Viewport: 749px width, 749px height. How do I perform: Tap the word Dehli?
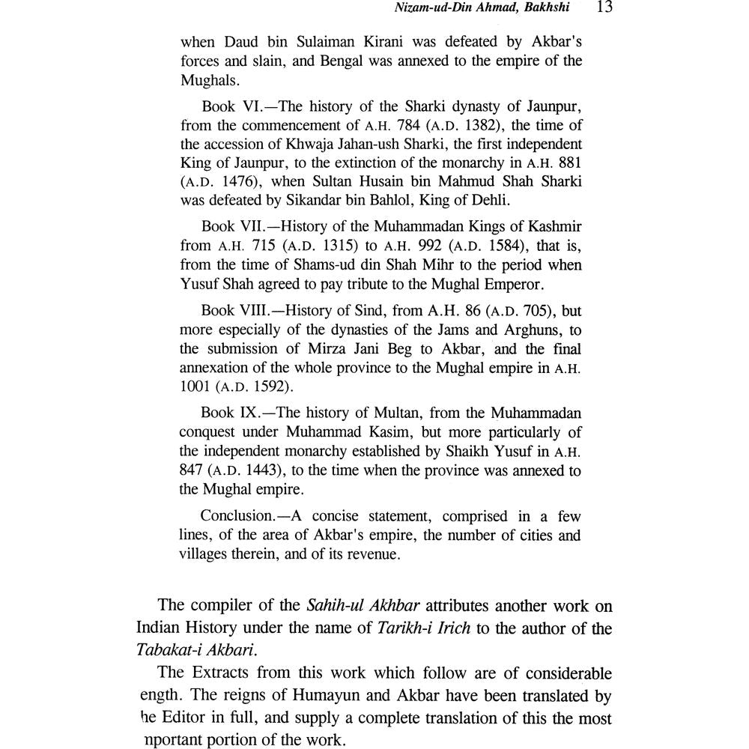pyautogui.click(x=490, y=201)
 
